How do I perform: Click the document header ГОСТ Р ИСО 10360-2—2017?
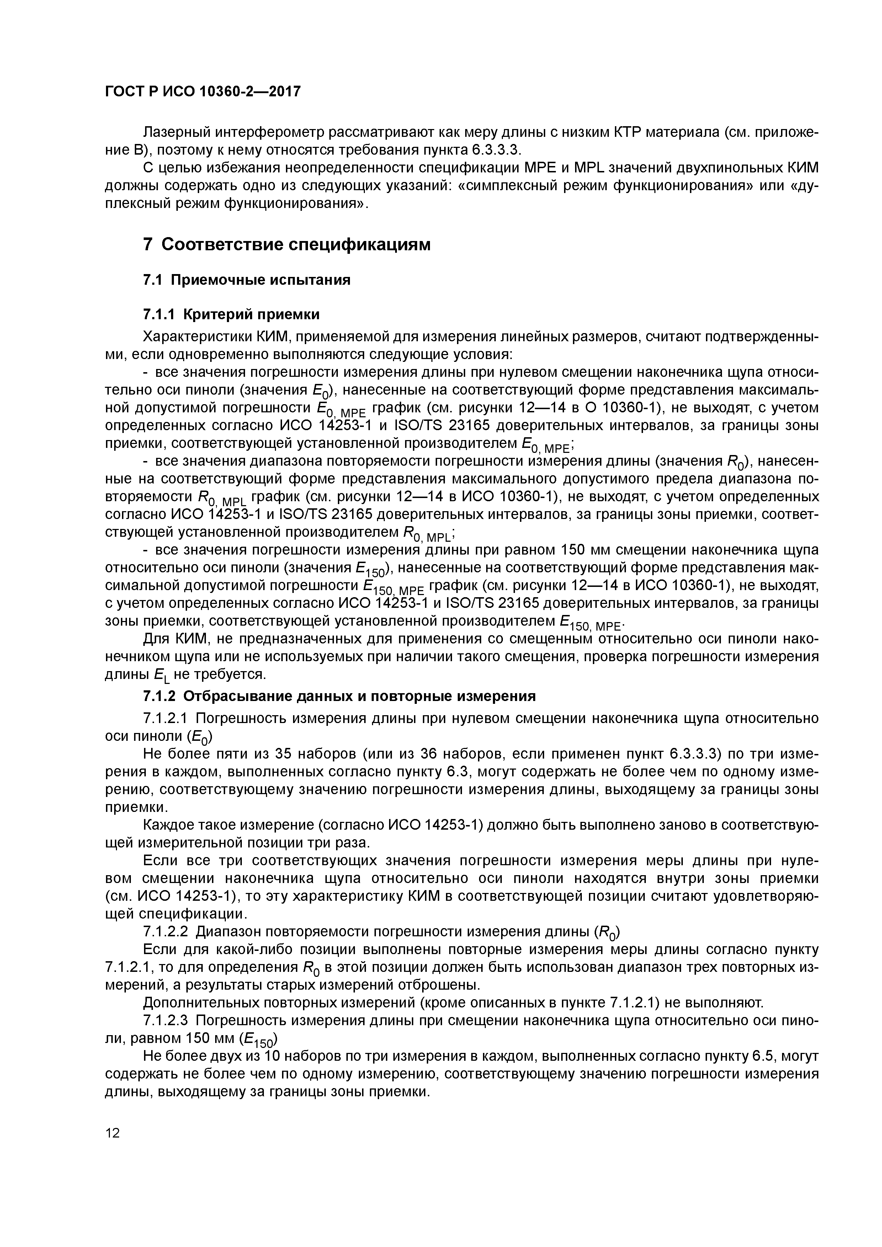[202, 92]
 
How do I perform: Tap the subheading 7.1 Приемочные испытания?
[246, 280]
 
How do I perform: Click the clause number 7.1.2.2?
[165, 931]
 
